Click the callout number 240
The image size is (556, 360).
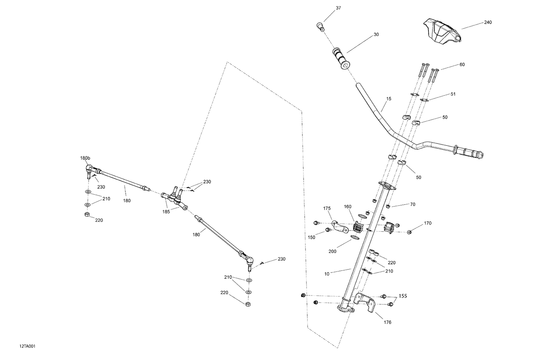click(488, 23)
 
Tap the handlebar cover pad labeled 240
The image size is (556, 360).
click(441, 32)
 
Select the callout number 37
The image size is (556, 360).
click(338, 8)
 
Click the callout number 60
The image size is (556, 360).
click(462, 65)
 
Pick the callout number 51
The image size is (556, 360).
click(453, 94)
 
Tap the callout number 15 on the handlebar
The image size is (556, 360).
click(388, 99)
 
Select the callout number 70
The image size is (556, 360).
click(413, 204)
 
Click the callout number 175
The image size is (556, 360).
click(327, 208)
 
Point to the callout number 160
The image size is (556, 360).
click(347, 207)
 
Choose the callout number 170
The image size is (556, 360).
click(428, 223)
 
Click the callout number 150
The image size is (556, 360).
click(311, 237)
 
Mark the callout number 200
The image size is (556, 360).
click(332, 251)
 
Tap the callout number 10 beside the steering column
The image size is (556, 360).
click(327, 274)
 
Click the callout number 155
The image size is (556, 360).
click(403, 297)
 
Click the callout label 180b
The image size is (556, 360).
click(85, 158)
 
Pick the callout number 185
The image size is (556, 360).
click(166, 212)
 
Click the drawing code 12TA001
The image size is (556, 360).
click(27, 346)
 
